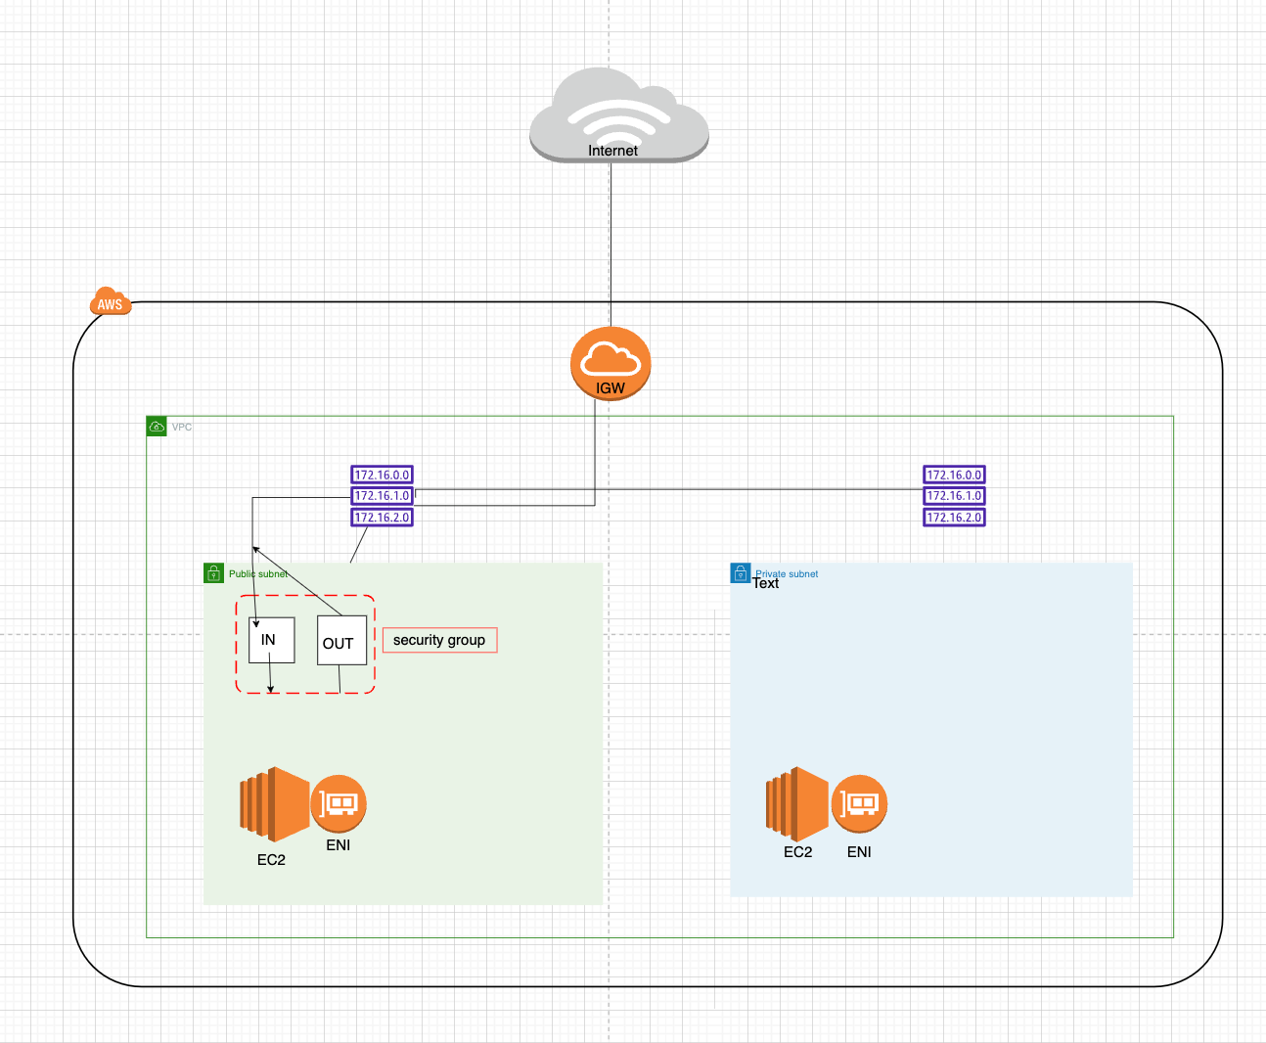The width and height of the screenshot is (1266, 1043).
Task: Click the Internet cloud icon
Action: click(x=618, y=114)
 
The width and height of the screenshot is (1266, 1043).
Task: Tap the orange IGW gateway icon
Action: click(x=610, y=365)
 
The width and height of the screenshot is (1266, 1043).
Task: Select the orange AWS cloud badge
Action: click(x=110, y=302)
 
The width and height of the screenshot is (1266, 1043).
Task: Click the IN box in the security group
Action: click(x=271, y=640)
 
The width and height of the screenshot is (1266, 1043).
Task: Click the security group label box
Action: click(x=439, y=640)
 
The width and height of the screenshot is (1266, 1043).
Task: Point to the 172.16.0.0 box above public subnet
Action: click(x=382, y=475)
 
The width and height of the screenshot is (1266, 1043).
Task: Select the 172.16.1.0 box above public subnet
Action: click(x=382, y=496)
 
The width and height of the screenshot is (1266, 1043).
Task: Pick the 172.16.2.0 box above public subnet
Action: click(x=382, y=518)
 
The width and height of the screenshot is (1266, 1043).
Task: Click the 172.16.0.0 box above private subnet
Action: click(x=954, y=475)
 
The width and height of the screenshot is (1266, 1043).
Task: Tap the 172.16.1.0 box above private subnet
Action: click(x=954, y=496)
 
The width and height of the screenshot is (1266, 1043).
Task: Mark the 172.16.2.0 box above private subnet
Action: click(x=954, y=518)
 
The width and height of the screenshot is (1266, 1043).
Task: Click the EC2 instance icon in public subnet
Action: click(x=274, y=804)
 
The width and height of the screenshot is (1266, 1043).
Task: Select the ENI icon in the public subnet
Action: click(x=339, y=804)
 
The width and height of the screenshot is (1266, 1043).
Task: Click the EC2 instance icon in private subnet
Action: click(x=797, y=803)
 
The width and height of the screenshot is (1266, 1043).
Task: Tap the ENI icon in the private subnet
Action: click(x=859, y=804)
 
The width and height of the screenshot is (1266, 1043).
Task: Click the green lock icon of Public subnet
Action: click(x=213, y=573)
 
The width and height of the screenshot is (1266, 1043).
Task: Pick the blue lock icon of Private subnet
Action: click(x=741, y=573)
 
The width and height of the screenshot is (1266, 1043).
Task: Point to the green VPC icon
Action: click(x=157, y=427)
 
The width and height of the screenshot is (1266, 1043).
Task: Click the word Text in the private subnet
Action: click(x=765, y=583)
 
